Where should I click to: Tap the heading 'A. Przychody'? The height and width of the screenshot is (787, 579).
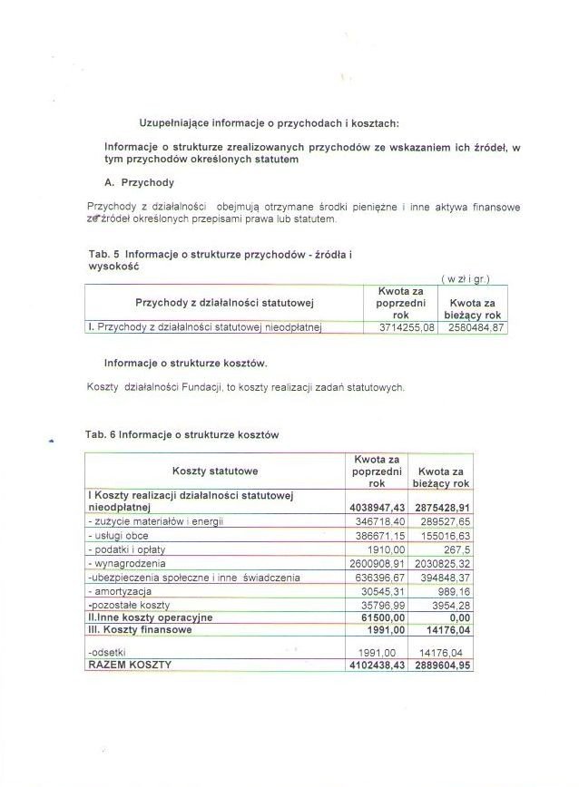coord(139,182)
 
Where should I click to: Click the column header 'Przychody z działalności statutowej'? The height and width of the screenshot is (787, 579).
coord(224,301)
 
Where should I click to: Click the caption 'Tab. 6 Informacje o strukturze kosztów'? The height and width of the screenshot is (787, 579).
coord(182,434)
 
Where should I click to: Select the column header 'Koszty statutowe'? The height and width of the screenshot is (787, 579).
coord(215,471)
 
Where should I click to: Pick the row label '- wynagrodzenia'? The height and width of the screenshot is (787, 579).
coord(126,564)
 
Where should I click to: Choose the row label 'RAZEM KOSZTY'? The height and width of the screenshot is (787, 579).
coord(129,665)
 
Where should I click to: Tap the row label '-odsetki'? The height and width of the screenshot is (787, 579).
coord(105,651)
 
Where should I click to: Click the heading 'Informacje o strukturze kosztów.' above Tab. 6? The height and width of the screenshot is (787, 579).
coord(185,364)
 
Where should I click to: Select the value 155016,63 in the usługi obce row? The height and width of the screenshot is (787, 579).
coord(445,536)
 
